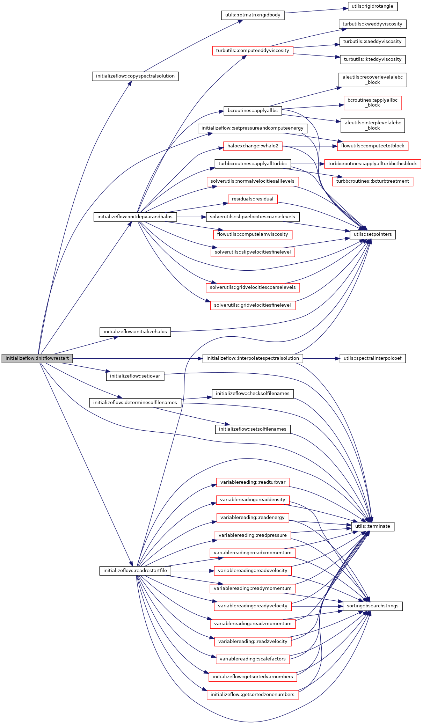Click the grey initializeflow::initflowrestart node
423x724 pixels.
coord(37,358)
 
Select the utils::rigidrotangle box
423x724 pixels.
coord(372,6)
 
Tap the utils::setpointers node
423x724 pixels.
coord(372,234)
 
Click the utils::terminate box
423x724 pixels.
coord(372,526)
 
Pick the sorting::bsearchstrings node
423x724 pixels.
coord(372,606)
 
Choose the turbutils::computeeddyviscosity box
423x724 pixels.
coord(253,51)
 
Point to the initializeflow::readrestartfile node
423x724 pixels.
coord(135,571)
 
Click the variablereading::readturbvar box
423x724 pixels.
coord(253,482)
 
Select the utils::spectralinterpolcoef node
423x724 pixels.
coord(372,358)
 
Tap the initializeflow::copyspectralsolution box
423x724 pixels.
coord(135,76)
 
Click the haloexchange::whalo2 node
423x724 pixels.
coord(253,146)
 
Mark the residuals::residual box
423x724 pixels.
coord(253,199)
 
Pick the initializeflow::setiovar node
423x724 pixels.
coord(135,376)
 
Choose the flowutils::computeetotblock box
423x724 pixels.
coord(372,146)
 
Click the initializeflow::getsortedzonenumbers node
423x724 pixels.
coord(253,695)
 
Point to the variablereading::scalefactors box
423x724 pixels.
coord(253,659)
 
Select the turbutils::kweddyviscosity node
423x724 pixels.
coord(372,24)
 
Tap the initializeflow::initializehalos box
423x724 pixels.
coord(135,332)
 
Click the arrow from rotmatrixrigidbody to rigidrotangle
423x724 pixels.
coord(316,10)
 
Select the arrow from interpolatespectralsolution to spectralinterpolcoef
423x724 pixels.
coord(321,358)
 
